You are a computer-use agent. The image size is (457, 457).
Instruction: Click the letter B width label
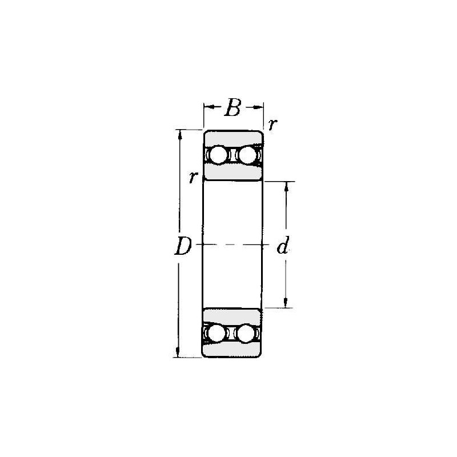233,107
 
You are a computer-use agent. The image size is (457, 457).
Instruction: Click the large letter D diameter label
183,246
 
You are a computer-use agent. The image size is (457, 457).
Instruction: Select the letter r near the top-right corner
272,125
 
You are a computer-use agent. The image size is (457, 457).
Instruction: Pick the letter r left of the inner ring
193,178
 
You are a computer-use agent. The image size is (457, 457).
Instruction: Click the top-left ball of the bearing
219,154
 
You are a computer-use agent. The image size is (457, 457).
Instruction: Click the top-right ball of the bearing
247,154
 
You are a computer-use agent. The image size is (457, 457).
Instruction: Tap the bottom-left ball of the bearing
217,333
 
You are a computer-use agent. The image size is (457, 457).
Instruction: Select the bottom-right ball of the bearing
246,333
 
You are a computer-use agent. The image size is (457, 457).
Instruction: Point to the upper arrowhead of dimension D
179,135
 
